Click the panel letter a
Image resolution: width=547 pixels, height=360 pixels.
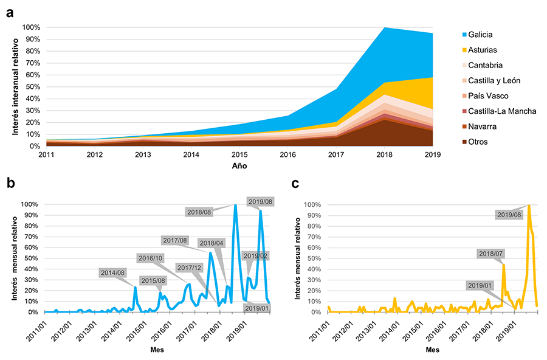[x=10, y=13]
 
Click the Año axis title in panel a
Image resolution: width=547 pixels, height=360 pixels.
[x=239, y=165]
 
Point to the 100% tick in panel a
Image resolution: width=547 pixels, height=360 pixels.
[x=32, y=27]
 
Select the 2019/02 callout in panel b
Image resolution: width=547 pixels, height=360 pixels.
[x=255, y=256]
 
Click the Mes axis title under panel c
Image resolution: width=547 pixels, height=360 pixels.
[x=432, y=350]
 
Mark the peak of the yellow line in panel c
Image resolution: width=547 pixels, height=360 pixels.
[x=529, y=206]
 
